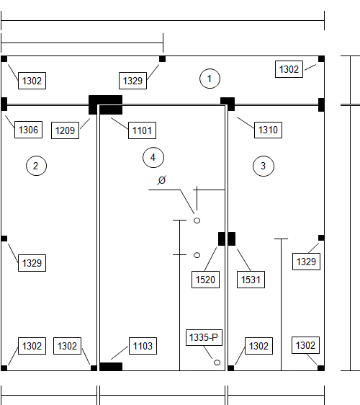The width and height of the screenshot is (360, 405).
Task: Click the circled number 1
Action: [x=210, y=79]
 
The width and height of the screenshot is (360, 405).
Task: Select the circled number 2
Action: [x=37, y=166]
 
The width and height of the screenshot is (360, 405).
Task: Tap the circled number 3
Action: [x=264, y=166]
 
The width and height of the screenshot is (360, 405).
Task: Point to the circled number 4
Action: [x=153, y=157]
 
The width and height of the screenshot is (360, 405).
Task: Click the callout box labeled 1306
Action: [x=28, y=130]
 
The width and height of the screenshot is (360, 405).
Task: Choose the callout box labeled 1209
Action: [x=65, y=130]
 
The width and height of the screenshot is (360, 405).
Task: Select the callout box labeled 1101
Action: [x=142, y=130]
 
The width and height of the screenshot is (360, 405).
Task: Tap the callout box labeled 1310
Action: [x=268, y=130]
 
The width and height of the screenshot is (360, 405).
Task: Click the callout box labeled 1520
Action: [x=205, y=280]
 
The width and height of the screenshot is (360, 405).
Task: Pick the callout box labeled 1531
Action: [x=251, y=280]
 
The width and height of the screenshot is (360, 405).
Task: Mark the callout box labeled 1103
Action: [x=143, y=346]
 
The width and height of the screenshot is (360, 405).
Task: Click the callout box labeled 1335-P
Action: [x=204, y=337]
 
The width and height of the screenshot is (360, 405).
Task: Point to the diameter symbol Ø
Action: [x=162, y=179]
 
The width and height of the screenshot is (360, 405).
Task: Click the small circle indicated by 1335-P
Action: [x=217, y=362]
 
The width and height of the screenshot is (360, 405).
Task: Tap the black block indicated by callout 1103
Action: [x=111, y=367]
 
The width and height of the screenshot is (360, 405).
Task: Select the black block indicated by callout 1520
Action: [x=222, y=239]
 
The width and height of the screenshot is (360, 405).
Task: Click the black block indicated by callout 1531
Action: [x=232, y=239]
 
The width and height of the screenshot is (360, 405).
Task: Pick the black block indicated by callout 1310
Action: [x=228, y=104]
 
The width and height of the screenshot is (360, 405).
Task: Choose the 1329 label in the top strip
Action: [x=133, y=81]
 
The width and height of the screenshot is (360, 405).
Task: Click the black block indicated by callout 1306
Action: [x=4, y=104]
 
